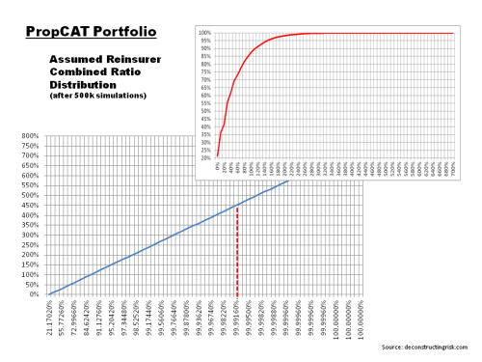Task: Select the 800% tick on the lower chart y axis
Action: tap(28, 136)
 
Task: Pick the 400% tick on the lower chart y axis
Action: tap(28, 215)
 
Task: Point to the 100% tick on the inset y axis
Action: tap(205, 33)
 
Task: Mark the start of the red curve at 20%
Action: tap(218, 154)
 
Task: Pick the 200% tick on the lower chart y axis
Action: tap(28, 255)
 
